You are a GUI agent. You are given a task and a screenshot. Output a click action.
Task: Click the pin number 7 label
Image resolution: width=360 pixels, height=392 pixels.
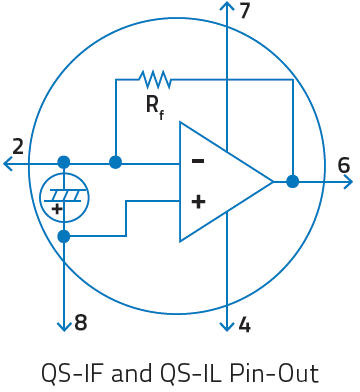tap(245, 11)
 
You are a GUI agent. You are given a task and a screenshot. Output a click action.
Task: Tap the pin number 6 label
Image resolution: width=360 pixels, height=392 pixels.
tap(344, 165)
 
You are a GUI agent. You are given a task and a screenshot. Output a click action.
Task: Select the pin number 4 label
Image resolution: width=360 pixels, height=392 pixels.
tap(245, 325)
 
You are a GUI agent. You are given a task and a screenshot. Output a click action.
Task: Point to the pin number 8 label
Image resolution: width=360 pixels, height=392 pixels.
tap(81, 323)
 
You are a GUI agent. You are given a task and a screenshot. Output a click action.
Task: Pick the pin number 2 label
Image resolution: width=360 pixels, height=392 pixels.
tap(18, 147)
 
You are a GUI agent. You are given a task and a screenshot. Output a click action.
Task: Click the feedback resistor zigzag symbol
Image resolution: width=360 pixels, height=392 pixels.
tap(154, 80)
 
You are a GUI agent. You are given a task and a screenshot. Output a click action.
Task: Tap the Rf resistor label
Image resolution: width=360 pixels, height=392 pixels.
tap(155, 107)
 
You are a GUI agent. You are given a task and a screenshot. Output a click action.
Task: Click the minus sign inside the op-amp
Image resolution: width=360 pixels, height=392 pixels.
tap(198, 161)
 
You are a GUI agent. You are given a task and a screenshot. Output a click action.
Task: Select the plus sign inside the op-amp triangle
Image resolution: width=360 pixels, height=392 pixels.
tap(198, 202)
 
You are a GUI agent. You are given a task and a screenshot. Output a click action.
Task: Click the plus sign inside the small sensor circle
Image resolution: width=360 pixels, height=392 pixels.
tap(57, 209)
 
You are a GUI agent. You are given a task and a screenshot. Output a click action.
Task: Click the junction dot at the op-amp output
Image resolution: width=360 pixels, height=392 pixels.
tap(293, 182)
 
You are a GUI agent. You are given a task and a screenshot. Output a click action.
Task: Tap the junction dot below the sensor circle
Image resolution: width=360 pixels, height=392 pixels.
tap(64, 236)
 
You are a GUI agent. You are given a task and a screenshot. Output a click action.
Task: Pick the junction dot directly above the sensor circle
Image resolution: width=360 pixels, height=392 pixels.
tap(64, 163)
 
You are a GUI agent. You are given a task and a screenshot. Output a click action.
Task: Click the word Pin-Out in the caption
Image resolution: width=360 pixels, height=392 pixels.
tap(274, 373)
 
